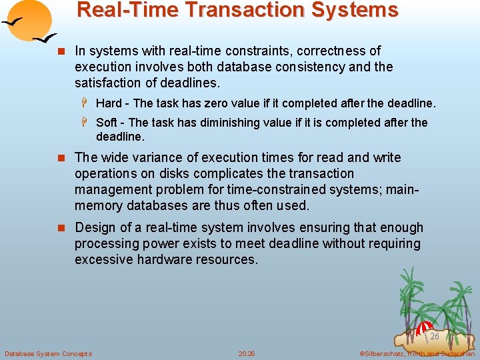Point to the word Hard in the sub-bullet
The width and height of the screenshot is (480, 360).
[x=110, y=103]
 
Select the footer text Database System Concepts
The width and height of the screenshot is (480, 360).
[x=48, y=353]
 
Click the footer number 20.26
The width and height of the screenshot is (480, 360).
[x=247, y=353]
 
